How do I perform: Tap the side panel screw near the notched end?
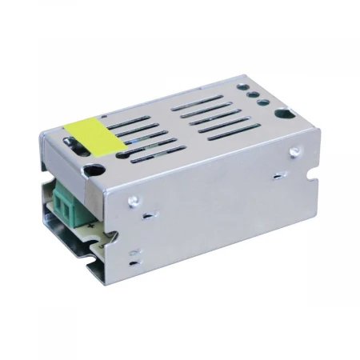(294, 150)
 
